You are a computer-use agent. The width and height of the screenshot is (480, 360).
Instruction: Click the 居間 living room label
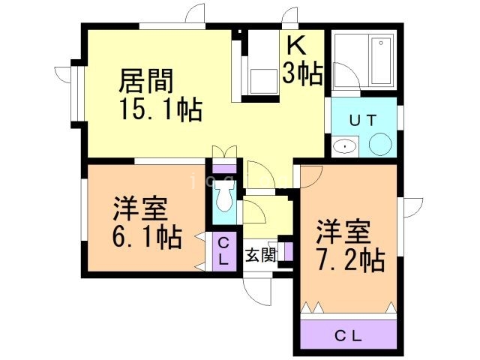(x=145, y=81)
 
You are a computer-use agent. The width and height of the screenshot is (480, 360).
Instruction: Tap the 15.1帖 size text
(x=161, y=109)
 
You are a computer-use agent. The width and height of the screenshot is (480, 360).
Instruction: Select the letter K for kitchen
(x=295, y=45)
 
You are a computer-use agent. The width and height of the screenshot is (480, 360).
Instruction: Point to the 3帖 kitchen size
(x=302, y=73)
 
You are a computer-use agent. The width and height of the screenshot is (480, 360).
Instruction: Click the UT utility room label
(x=363, y=120)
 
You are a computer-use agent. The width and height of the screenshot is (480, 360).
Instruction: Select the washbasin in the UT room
(x=345, y=147)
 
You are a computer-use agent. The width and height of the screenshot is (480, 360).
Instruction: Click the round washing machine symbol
(x=380, y=144)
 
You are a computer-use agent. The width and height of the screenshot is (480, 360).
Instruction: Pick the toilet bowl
(x=224, y=196)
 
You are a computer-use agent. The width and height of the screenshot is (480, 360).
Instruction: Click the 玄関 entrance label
(x=261, y=255)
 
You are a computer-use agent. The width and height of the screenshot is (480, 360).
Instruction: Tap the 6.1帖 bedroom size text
(x=147, y=238)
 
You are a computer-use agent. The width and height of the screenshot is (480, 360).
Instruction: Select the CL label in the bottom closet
(x=348, y=337)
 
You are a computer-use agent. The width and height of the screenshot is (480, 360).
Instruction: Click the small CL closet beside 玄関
(x=224, y=252)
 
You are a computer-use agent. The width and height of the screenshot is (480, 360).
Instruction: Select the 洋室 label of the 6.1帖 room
(x=140, y=209)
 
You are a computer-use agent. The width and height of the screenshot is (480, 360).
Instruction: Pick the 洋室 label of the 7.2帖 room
(x=343, y=232)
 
